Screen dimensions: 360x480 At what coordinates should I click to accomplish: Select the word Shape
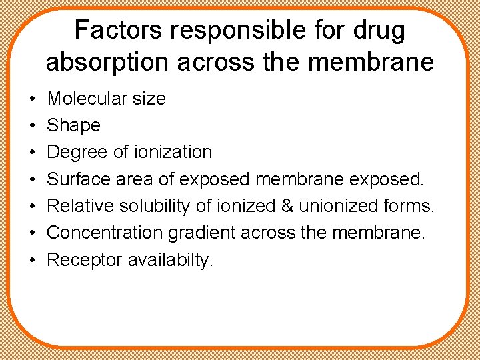coord(73,125)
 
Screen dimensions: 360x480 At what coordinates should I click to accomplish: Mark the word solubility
coord(160,206)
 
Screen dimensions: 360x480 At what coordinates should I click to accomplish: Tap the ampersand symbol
coord(287,206)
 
